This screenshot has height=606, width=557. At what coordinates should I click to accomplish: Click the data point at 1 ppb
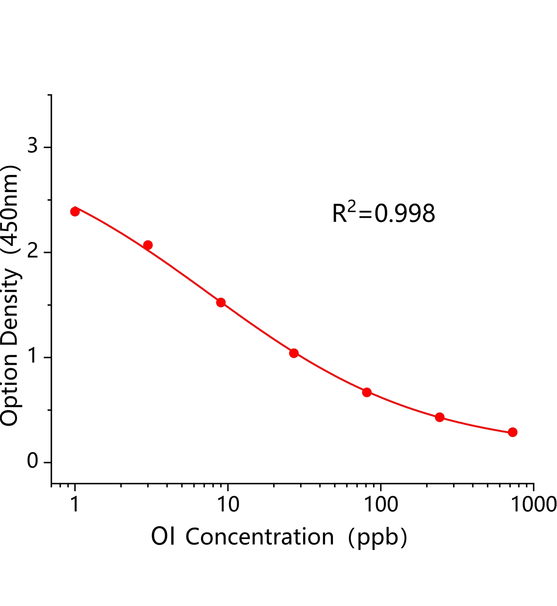click(75, 211)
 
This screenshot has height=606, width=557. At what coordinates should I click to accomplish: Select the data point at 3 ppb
click(148, 245)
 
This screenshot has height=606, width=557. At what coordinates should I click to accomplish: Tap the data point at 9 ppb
click(221, 302)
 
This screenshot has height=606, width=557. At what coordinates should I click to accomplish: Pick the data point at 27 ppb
click(294, 353)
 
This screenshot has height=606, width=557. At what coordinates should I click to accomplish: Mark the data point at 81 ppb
click(367, 392)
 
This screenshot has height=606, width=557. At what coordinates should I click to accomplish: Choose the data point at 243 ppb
click(440, 417)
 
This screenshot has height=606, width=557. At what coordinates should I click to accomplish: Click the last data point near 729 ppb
click(513, 432)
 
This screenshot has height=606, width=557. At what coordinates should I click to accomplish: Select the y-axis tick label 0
click(33, 462)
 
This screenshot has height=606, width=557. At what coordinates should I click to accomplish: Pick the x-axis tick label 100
click(380, 504)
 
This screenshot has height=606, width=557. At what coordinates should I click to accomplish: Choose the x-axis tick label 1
click(75, 504)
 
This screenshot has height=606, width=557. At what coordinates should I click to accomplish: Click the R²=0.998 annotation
click(384, 213)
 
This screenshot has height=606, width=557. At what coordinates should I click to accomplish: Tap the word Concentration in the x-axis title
click(260, 537)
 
